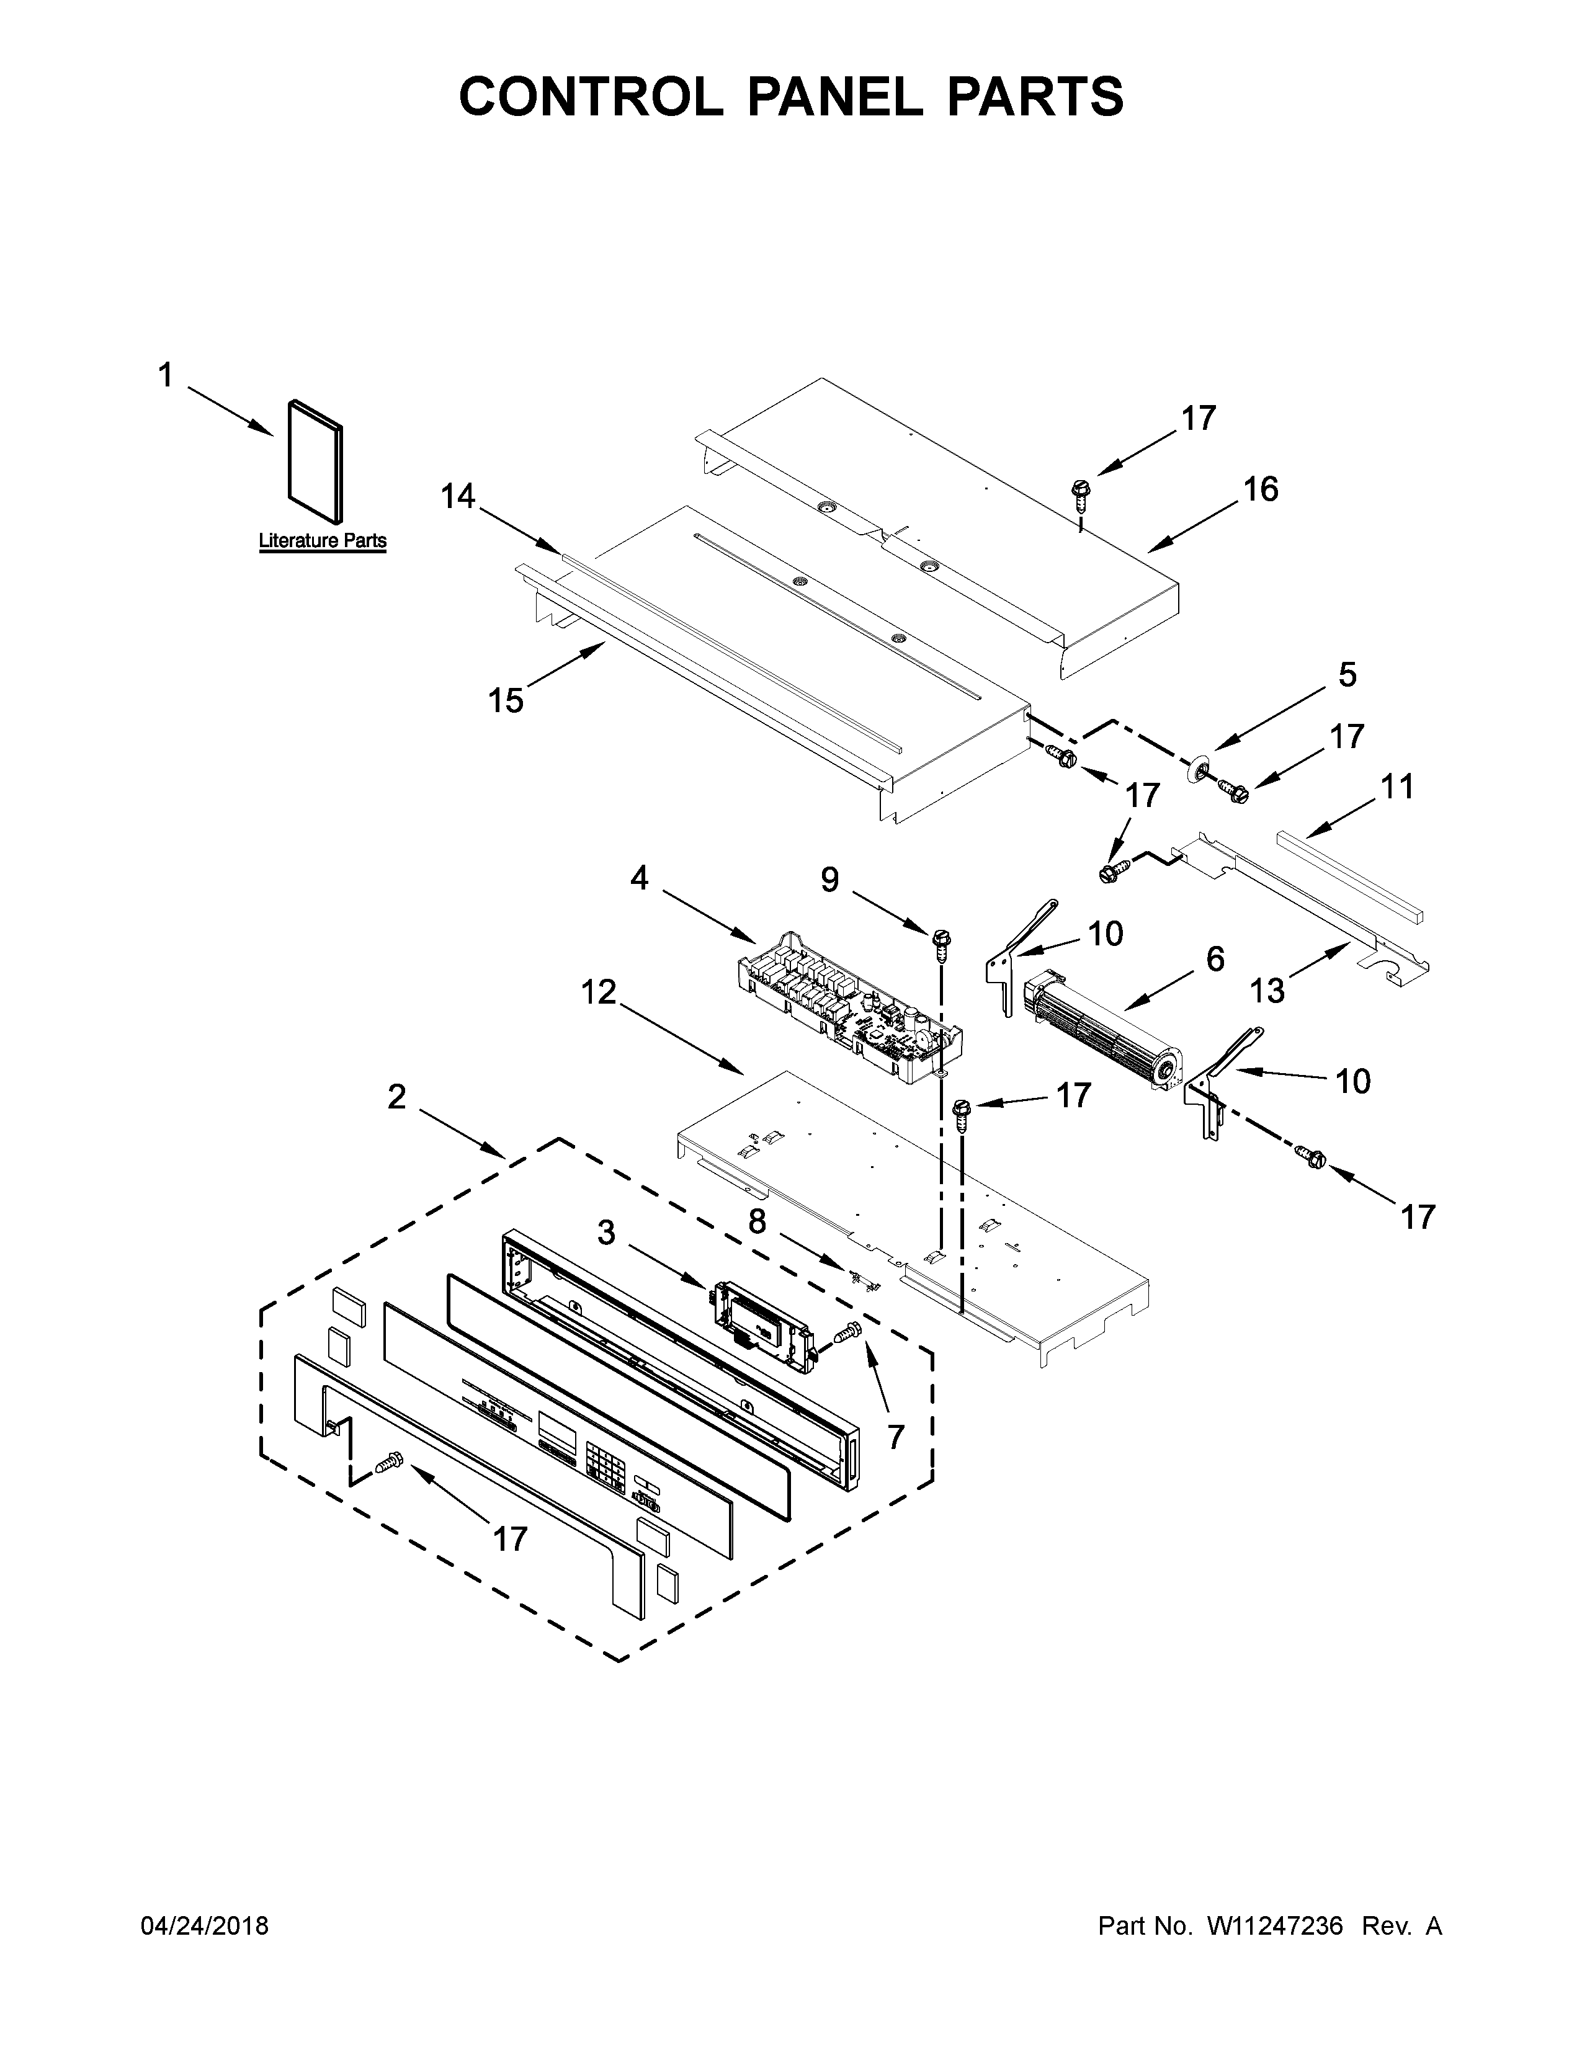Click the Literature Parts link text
tap(323, 541)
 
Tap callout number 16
tap(1261, 489)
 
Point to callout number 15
tap(506, 699)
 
